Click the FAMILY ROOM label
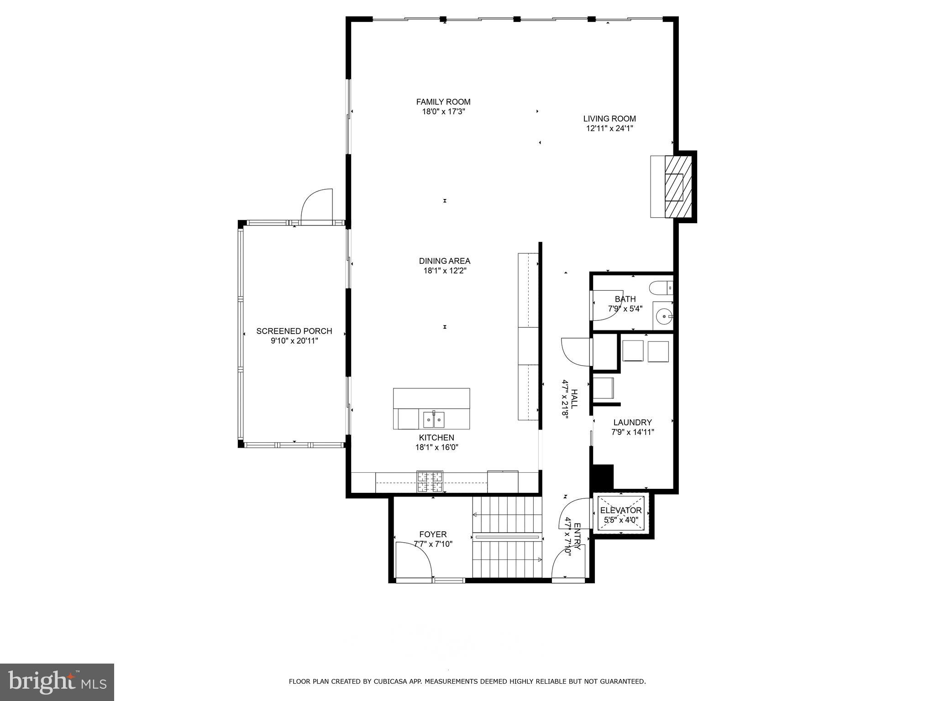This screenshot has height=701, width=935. (x=443, y=102)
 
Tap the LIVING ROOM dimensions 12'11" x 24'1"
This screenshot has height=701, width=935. (x=609, y=129)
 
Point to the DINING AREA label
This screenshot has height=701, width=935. (x=444, y=261)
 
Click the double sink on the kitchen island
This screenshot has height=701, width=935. (x=433, y=418)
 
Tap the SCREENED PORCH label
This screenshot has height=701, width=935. (x=294, y=331)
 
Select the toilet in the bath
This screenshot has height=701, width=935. (x=660, y=288)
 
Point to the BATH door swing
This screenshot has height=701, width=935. (x=606, y=305)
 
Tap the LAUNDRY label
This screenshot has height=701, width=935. (x=632, y=423)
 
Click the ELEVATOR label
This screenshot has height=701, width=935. (x=621, y=510)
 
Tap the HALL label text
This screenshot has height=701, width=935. (x=574, y=399)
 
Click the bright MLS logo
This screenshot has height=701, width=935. (x=57, y=682)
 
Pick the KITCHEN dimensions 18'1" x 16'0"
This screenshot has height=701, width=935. (x=436, y=448)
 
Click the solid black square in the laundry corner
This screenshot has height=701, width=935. (x=603, y=477)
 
